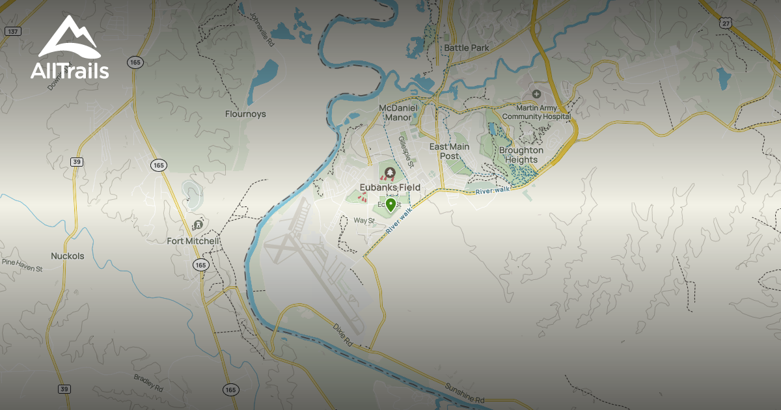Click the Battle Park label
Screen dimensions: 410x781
[x=466, y=48]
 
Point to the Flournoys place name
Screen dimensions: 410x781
[x=245, y=114]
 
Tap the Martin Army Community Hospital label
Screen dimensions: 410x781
[x=536, y=112]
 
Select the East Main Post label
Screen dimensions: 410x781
[x=449, y=151]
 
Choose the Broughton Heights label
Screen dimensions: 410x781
[x=521, y=155]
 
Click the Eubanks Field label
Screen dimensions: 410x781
[x=390, y=187]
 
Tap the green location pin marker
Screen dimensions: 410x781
[x=390, y=206]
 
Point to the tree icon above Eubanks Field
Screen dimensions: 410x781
[x=390, y=172]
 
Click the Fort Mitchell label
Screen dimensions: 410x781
[x=193, y=241]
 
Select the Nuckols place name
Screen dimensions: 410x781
[x=68, y=256]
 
